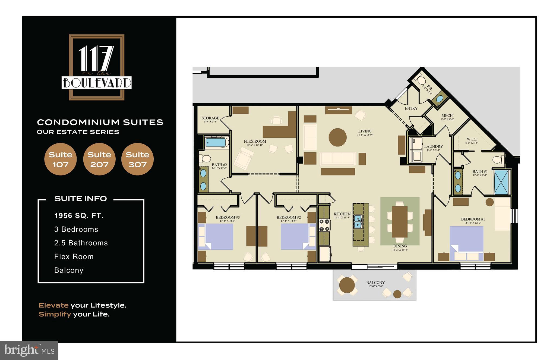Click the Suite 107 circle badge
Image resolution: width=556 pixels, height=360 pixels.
tap(60, 159)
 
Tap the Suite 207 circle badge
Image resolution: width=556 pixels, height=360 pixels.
tap(99, 159)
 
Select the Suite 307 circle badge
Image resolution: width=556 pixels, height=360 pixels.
tap(137, 159)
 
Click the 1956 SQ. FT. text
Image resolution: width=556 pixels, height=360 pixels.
tap(79, 216)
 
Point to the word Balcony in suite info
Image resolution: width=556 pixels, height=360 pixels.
tap(69, 270)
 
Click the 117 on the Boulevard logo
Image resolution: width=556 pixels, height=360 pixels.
tap(97, 67)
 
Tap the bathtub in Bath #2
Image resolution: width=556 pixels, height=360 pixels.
tap(216, 142)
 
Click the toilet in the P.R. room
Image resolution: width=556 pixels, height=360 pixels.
tap(421, 81)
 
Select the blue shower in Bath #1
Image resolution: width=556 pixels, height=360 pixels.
tap(501, 182)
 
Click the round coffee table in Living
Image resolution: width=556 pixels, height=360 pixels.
tap(337, 137)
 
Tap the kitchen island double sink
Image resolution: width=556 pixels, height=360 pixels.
tap(358, 222)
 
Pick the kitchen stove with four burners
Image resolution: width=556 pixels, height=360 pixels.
tap(324, 225)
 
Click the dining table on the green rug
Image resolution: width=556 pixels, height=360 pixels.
tap(400, 222)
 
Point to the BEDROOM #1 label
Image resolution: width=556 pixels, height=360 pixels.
tap(473, 219)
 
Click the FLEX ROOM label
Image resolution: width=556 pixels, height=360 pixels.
tap(255, 141)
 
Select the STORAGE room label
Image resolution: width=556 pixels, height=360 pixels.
tap(210, 118)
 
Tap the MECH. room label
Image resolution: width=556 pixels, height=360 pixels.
tap(447, 115)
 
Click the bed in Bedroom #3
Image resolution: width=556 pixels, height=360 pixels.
tap(216, 236)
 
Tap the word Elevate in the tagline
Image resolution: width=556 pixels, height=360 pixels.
tap(53, 305)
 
